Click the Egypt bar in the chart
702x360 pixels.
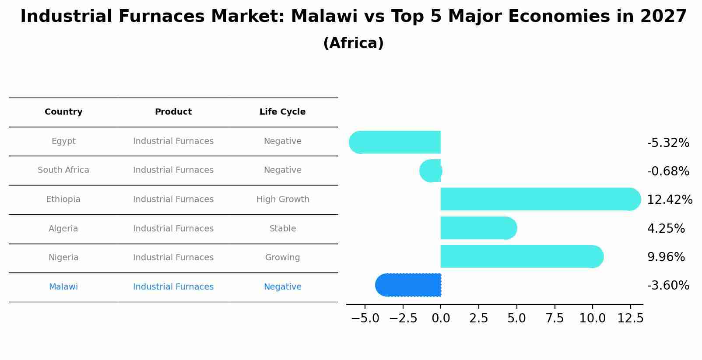(x=395, y=142)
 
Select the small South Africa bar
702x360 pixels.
(x=431, y=171)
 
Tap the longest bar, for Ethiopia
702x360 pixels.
(x=541, y=199)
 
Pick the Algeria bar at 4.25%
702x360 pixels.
(x=479, y=228)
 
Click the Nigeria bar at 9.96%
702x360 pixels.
(x=522, y=257)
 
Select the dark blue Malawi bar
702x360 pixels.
(x=408, y=285)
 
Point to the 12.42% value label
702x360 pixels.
(x=670, y=199)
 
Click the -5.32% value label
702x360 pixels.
(x=668, y=143)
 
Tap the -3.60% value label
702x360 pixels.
(x=668, y=286)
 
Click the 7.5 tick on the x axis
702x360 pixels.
(x=555, y=318)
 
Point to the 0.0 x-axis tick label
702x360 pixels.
(x=441, y=318)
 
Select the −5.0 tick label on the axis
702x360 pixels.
(x=365, y=318)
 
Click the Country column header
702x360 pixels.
(x=63, y=112)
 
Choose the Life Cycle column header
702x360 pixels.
(x=282, y=112)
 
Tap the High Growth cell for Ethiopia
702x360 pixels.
(x=283, y=199)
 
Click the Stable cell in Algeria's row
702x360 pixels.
(x=283, y=228)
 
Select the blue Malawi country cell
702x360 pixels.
(x=63, y=287)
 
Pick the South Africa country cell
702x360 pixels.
(x=63, y=170)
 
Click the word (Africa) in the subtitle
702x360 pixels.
(x=353, y=43)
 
